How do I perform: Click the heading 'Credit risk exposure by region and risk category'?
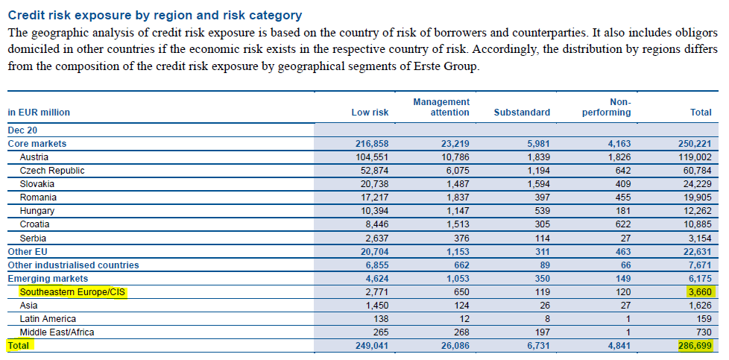155,16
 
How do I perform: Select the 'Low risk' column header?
370,112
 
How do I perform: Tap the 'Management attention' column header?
441,107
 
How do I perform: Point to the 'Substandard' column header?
522,112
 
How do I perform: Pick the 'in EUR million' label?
39,112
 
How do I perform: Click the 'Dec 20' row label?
23,130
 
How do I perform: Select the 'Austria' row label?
34,157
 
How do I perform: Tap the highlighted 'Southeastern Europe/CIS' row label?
73,292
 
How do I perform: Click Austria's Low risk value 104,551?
371,157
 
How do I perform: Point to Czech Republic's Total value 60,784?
697,171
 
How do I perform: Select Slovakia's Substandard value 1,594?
538,184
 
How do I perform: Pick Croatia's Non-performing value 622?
623,224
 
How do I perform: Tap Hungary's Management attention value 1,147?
458,211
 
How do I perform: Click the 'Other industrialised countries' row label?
74,265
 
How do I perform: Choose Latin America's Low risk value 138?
381,319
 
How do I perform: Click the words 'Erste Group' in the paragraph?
449,66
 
